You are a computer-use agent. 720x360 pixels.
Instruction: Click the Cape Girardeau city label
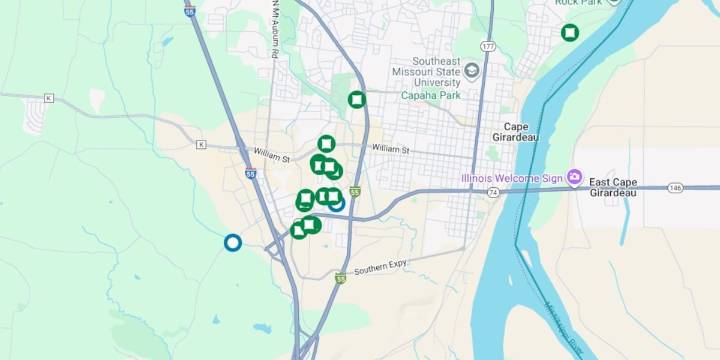click(516, 132)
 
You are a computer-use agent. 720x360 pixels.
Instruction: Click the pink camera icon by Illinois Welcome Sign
click(574, 178)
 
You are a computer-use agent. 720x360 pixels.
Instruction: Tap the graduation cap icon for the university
click(472, 70)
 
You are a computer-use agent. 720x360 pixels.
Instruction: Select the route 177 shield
click(488, 47)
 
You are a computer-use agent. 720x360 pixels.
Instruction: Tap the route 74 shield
click(493, 191)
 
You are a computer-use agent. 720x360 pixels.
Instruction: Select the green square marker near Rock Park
click(569, 32)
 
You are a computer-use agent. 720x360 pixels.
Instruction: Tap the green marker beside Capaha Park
click(356, 99)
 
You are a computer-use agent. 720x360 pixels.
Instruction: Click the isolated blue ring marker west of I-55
click(232, 242)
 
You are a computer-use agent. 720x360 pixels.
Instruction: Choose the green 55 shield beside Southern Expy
click(341, 278)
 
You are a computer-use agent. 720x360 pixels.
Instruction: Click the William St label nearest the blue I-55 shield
click(271, 156)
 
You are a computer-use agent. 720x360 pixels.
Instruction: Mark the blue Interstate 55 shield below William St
click(250, 173)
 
